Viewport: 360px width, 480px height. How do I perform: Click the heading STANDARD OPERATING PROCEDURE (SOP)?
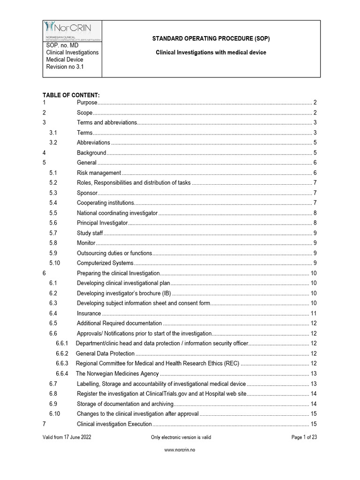[210, 38]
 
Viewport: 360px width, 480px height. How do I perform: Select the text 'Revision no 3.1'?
[65, 67]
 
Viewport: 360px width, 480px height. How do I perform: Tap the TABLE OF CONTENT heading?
[71, 95]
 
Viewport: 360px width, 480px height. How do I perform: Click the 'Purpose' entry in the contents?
[87, 103]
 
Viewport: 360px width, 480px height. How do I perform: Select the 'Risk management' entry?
[99, 173]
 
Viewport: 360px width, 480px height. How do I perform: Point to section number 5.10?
[55, 263]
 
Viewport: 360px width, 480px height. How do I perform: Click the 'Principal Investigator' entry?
[102, 223]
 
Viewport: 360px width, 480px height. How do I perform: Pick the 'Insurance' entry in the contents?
[89, 314]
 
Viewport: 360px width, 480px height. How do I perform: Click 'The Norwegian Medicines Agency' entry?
[117, 374]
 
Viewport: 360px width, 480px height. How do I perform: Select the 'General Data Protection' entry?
[105, 354]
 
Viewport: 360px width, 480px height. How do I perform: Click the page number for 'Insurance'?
[314, 314]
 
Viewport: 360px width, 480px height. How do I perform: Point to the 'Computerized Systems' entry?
[105, 263]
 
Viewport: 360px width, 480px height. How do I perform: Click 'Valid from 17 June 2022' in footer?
[67, 437]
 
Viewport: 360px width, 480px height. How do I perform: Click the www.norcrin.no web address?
[180, 463]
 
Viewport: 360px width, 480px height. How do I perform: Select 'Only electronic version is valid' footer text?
[181, 437]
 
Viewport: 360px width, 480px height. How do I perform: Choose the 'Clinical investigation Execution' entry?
[114, 424]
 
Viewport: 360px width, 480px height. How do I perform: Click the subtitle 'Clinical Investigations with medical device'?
[210, 52]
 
